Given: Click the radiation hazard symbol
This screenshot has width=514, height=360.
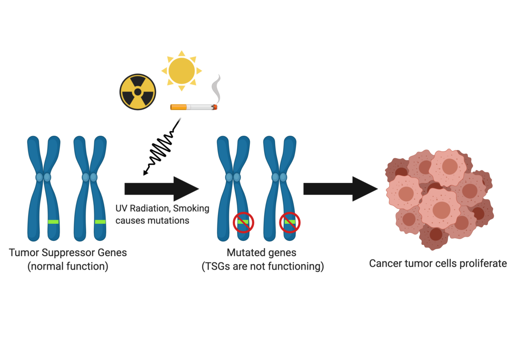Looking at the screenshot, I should (x=138, y=92).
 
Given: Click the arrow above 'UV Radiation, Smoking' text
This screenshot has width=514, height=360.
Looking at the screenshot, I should (x=161, y=189).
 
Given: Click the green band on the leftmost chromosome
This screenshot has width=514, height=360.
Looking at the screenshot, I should (x=53, y=222).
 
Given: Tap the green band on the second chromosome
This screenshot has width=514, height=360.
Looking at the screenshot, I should (x=100, y=222).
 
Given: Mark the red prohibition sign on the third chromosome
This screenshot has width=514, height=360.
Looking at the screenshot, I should (x=243, y=222).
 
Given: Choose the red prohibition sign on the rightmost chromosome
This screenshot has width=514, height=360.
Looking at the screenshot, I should (x=290, y=222).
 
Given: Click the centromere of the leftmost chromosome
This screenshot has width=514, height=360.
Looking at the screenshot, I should (x=43, y=177).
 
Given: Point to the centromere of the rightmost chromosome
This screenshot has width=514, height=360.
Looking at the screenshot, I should (x=279, y=177).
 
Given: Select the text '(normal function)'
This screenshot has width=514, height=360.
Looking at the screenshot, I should (x=68, y=266).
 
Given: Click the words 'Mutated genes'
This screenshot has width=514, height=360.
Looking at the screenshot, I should (x=262, y=252).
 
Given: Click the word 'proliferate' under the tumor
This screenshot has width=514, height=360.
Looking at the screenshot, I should (x=483, y=263).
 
